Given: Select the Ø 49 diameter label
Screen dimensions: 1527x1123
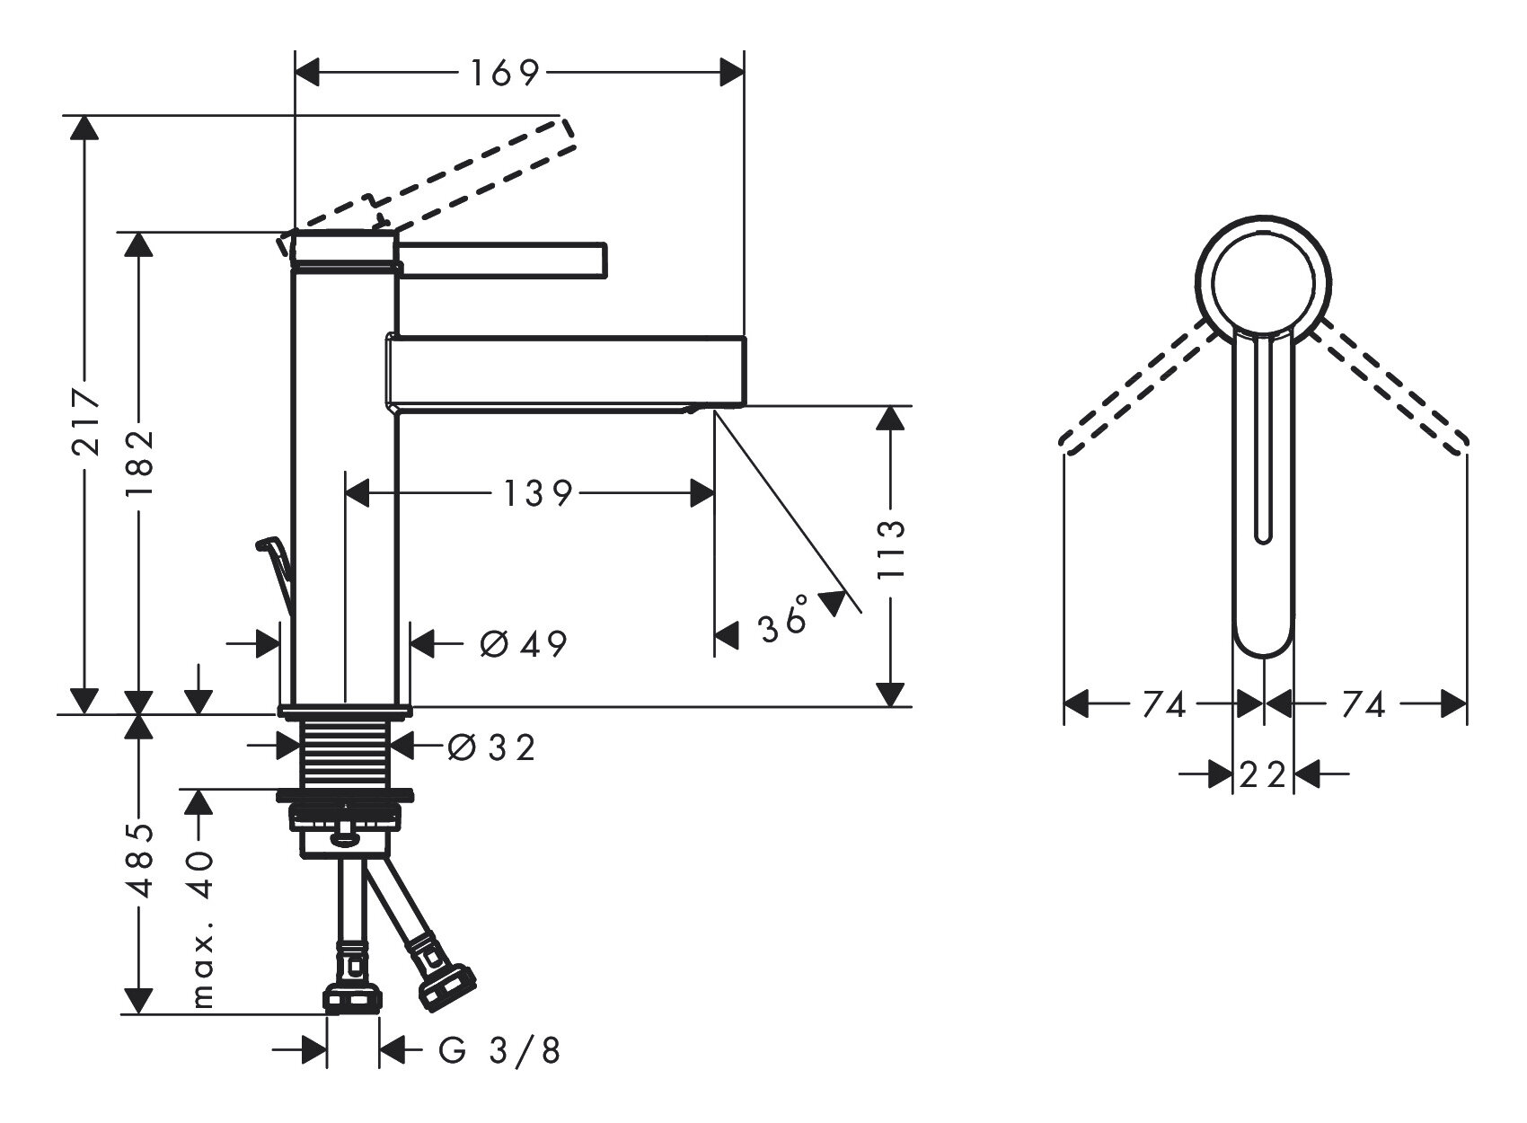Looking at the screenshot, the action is [524, 643].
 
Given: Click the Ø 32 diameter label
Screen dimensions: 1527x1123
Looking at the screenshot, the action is [490, 747].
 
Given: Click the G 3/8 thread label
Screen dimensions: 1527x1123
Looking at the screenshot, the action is [499, 1050].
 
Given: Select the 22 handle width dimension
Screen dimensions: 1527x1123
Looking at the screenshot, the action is [1262, 774].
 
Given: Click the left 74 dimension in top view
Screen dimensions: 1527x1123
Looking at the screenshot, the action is [1164, 706].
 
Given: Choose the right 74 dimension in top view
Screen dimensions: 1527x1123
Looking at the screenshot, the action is [1363, 706].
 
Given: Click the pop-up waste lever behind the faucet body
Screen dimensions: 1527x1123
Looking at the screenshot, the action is [276, 566].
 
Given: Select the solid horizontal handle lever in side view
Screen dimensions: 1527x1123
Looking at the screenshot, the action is [503, 259].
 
